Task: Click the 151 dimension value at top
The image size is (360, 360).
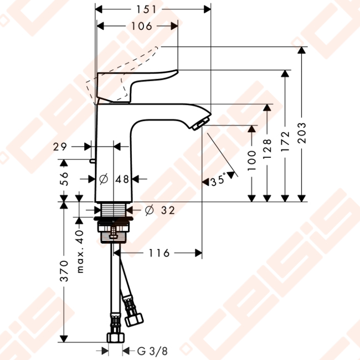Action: coord(146,9)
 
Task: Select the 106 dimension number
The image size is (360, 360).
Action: coord(142,26)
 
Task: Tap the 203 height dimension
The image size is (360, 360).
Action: coord(302,133)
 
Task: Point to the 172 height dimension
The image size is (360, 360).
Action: coord(285,141)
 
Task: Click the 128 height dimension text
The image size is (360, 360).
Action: coord(267,149)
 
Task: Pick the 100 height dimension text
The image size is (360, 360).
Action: coord(251,161)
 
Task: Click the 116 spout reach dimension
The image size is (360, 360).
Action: coord(159,253)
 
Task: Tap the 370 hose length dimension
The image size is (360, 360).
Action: coord(64,271)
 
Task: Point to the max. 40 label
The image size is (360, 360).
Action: coord(80,251)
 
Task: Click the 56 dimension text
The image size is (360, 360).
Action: coord(64,179)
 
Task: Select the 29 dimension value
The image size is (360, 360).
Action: coord(60,147)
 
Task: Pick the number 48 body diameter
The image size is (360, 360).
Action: coord(122,179)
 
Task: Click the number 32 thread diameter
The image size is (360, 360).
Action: coord(168,210)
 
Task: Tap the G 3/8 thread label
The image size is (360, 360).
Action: coord(152,351)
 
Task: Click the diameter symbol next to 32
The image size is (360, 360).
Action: coord(149,210)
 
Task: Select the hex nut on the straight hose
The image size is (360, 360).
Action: coord(116,337)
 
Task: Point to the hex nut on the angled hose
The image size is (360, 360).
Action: coord(134,319)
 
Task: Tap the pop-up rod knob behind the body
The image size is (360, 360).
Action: coord(92,161)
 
